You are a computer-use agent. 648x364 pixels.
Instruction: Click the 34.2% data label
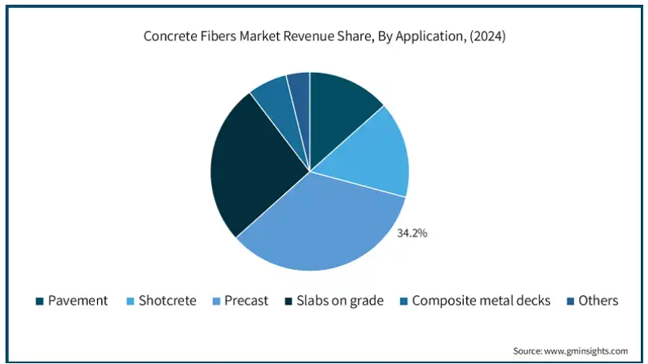(x=412, y=233)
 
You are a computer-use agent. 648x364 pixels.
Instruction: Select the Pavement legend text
(x=77, y=301)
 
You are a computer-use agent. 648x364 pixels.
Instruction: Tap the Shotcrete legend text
(x=168, y=301)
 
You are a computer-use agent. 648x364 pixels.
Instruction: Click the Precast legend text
(x=246, y=301)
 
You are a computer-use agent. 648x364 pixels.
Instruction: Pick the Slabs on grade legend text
(x=340, y=301)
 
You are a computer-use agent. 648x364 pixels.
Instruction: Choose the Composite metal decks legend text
(x=481, y=301)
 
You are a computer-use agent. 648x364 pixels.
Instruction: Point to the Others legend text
(x=598, y=301)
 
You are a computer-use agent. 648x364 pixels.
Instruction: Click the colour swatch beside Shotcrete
(x=130, y=301)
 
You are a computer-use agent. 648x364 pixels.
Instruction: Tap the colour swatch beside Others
(x=571, y=301)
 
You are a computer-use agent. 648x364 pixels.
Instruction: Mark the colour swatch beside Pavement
(x=40, y=301)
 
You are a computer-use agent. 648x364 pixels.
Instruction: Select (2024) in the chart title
(x=488, y=36)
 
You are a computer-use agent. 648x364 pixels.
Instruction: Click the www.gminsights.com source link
(x=586, y=351)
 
